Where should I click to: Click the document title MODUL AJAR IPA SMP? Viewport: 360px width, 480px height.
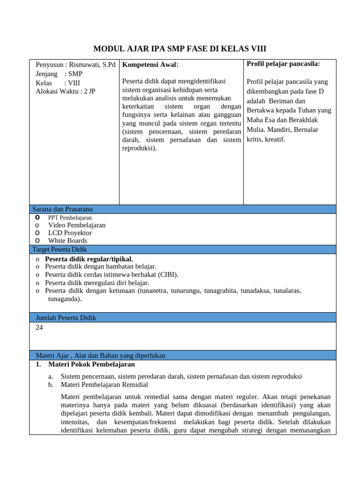pos(180,49)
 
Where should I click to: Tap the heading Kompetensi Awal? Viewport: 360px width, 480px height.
pos(150,65)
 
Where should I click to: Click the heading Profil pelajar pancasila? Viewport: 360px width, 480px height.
pos(283,64)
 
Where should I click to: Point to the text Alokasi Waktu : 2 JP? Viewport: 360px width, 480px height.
pos(65,91)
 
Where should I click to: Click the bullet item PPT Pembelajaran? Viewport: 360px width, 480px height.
pos(70,217)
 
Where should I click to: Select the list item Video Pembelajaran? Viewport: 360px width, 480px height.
pos(76,225)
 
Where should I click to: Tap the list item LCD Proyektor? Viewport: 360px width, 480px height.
pos(70,233)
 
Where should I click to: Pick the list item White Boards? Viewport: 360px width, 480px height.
pos(67,241)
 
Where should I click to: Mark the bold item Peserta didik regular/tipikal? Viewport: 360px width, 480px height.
pos(89,259)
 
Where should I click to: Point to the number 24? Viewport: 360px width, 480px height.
pos(39,328)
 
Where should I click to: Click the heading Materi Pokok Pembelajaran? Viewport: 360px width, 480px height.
pos(91,364)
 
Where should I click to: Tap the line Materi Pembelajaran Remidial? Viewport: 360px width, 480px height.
pos(104,385)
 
